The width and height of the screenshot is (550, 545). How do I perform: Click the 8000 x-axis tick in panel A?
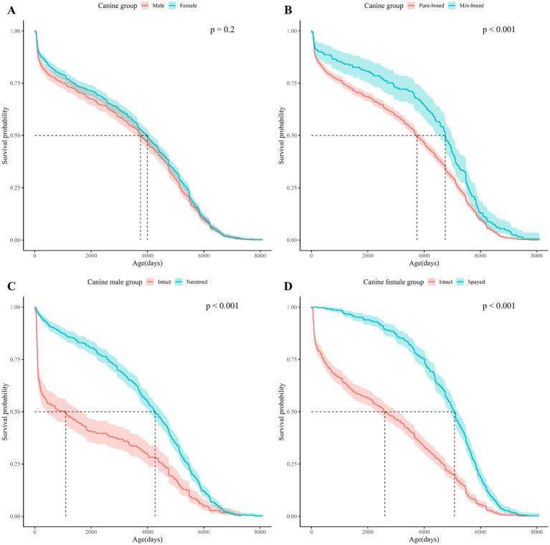point(259,256)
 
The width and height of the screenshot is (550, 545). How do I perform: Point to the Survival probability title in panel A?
point(5,135)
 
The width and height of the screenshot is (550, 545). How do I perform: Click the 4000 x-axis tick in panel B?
point(424,256)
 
